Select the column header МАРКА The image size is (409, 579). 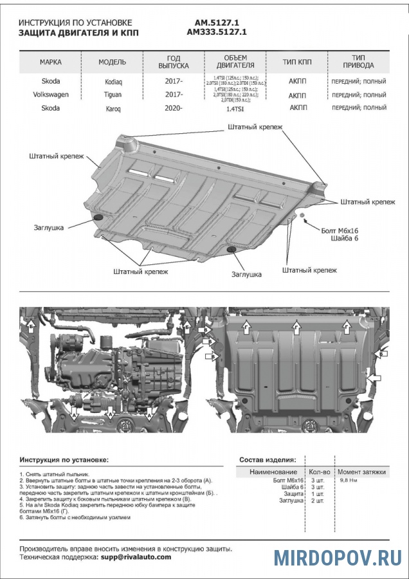pyautogui.click(x=51, y=62)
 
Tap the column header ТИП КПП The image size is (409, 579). pyautogui.click(x=297, y=62)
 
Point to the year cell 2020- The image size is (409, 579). pyautogui.click(x=174, y=108)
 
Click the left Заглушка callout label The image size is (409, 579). pyautogui.click(x=49, y=227)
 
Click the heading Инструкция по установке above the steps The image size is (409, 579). pyautogui.click(x=64, y=461)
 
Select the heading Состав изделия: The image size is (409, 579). pyautogui.click(x=268, y=461)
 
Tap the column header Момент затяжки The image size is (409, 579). pyautogui.click(x=362, y=472)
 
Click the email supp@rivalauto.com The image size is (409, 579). pyautogui.click(x=136, y=557)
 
